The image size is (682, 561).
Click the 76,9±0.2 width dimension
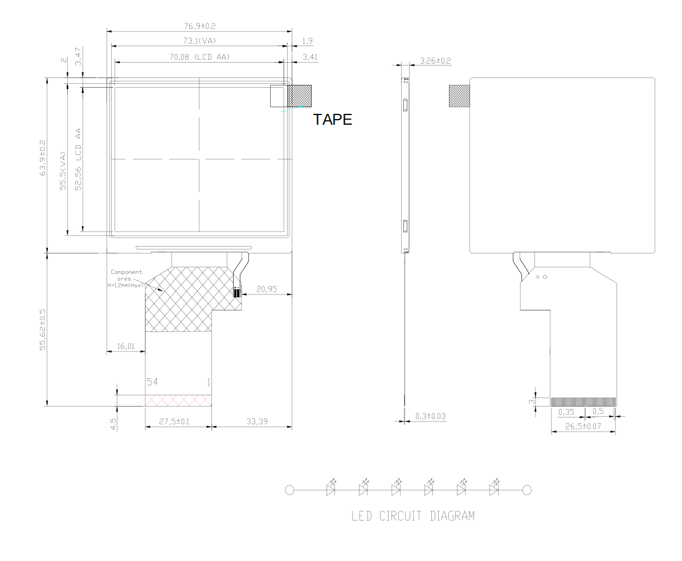click(x=199, y=26)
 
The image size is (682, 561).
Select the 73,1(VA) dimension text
click(x=199, y=41)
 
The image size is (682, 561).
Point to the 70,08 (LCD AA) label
click(x=199, y=57)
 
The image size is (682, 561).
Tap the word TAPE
click(x=333, y=120)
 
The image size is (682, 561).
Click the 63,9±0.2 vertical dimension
click(x=43, y=158)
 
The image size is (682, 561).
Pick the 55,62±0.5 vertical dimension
click(x=43, y=330)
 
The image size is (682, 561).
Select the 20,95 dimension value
click(x=267, y=289)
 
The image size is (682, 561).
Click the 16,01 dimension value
click(x=126, y=346)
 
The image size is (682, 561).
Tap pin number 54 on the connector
click(x=152, y=382)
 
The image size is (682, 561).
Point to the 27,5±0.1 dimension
click(x=174, y=421)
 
